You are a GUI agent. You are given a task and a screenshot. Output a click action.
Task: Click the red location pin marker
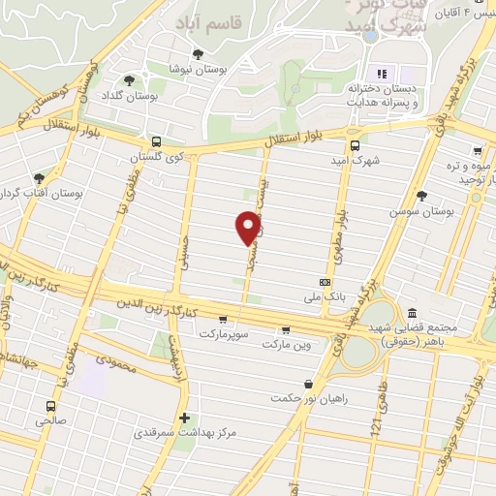pyautogui.click(x=249, y=227)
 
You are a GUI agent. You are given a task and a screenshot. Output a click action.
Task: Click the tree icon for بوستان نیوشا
pyautogui.click(x=199, y=54)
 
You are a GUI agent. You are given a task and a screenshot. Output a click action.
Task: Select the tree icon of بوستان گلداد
pyautogui.click(x=129, y=79)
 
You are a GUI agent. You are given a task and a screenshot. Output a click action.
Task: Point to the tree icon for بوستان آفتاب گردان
pyautogui.click(x=39, y=178)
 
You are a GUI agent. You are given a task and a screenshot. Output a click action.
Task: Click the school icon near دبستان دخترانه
pyautogui.click(x=381, y=74)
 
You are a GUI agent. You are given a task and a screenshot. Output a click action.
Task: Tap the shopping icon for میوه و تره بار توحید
pyautogui.click(x=478, y=151)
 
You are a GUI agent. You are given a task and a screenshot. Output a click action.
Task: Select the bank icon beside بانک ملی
pyautogui.click(x=325, y=283)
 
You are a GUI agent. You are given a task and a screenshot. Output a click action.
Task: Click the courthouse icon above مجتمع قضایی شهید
pyautogui.click(x=413, y=313)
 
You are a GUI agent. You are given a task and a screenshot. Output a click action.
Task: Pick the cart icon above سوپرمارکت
pyautogui.click(x=223, y=319)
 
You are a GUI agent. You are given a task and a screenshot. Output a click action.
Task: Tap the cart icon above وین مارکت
pyautogui.click(x=285, y=328)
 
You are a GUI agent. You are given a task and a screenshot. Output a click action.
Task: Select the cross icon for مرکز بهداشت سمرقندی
pyautogui.click(x=184, y=418)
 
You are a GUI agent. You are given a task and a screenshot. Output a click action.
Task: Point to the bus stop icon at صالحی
pyautogui.click(x=49, y=406)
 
